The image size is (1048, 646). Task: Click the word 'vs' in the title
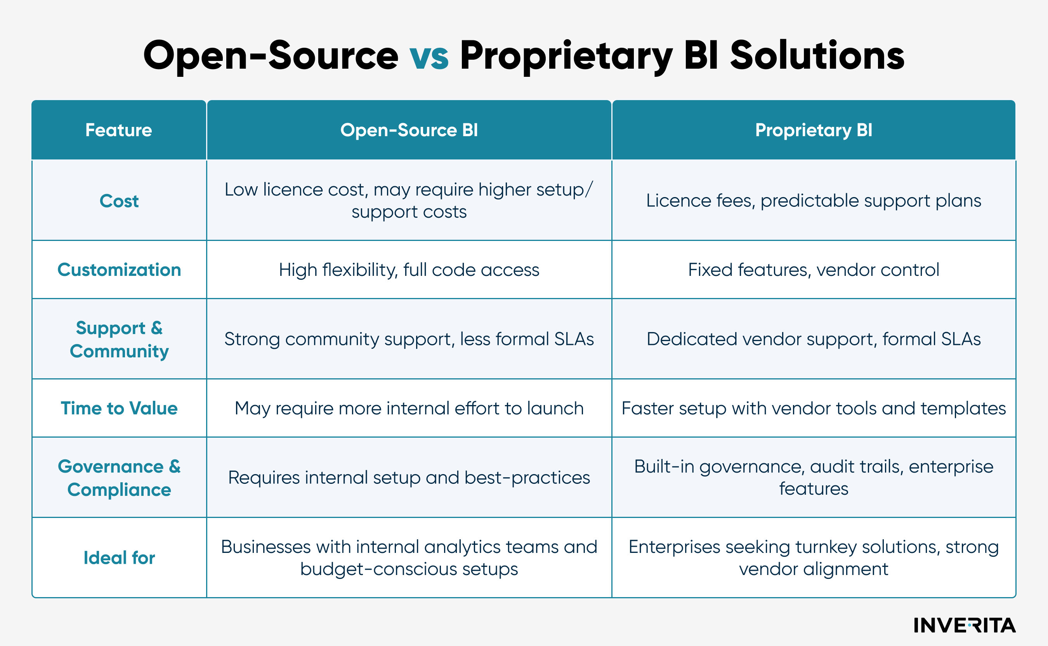tap(429, 56)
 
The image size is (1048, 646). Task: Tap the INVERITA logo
tap(964, 625)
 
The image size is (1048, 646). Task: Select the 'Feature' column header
tap(118, 130)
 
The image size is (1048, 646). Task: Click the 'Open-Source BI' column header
tap(409, 130)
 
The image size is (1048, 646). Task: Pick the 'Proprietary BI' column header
tap(813, 130)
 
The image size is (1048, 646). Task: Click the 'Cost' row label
tap(119, 201)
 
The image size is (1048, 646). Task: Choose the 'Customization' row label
tap(119, 270)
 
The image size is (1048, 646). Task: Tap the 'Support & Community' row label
tap(119, 339)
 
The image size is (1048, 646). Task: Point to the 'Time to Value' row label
tap(119, 408)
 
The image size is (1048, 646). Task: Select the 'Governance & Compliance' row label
tap(119, 478)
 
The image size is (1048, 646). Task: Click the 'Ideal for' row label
tap(119, 558)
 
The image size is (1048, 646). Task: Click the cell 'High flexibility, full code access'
tap(409, 270)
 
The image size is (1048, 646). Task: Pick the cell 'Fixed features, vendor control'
tap(813, 270)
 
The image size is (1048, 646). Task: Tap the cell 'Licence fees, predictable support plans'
tap(813, 200)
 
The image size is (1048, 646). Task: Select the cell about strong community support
tap(409, 339)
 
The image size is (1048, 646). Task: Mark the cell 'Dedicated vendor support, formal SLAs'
tap(813, 339)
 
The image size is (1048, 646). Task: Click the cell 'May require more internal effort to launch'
tap(409, 409)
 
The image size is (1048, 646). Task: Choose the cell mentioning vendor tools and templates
tap(813, 409)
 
